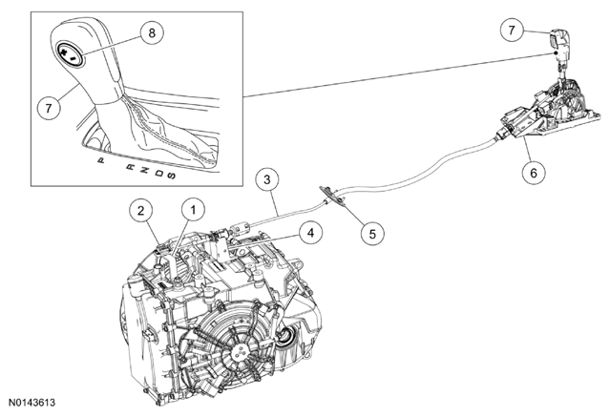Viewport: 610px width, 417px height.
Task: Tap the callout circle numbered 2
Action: point(140,210)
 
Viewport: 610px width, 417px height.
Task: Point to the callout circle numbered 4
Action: point(308,231)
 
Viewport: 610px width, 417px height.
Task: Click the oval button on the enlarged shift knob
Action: point(71,53)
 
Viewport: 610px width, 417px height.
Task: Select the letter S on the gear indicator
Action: point(171,177)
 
